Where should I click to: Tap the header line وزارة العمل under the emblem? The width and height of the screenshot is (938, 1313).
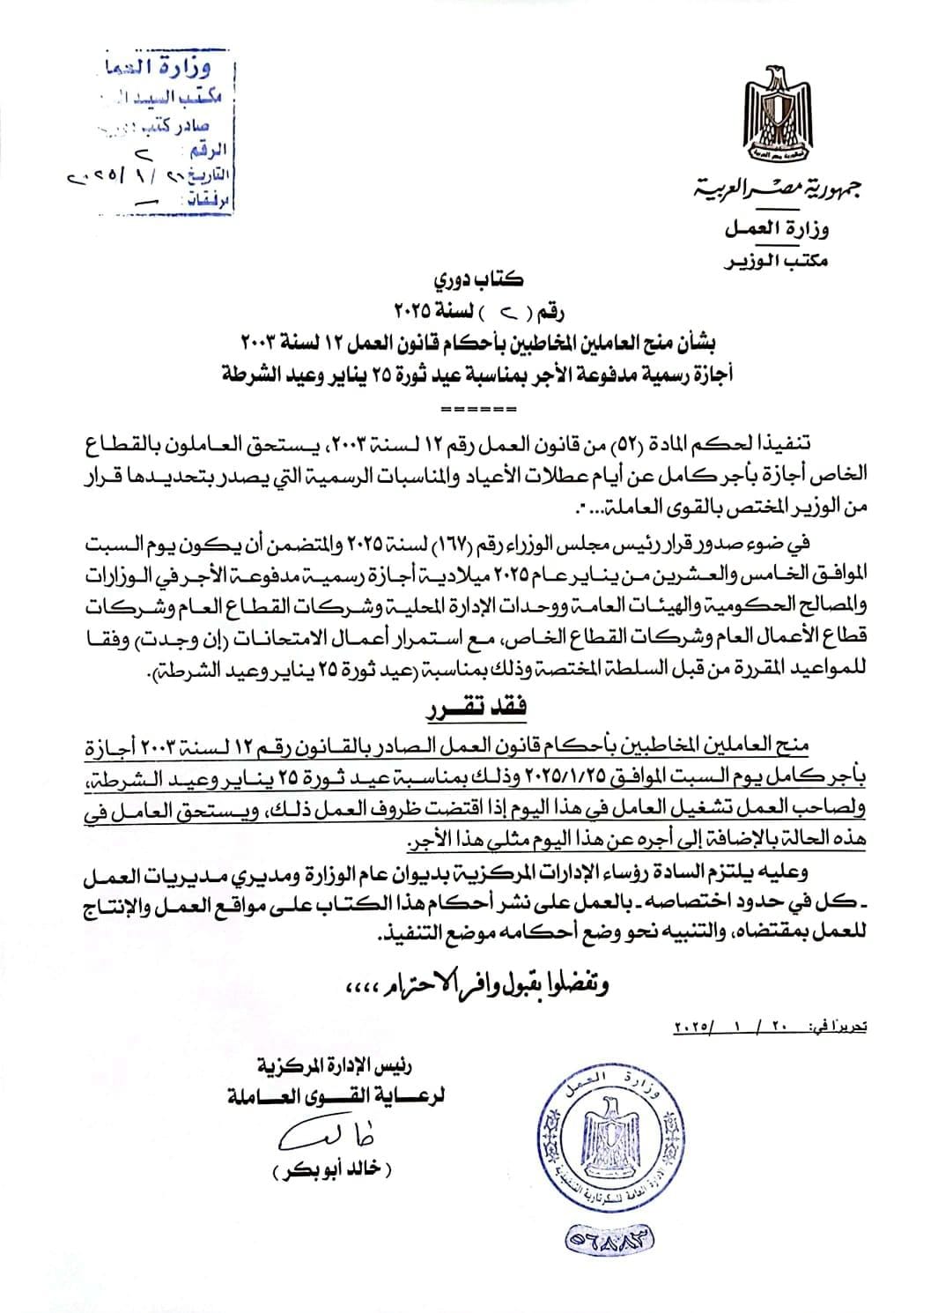coord(776,230)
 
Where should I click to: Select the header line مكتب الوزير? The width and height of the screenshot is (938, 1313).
coord(775,262)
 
